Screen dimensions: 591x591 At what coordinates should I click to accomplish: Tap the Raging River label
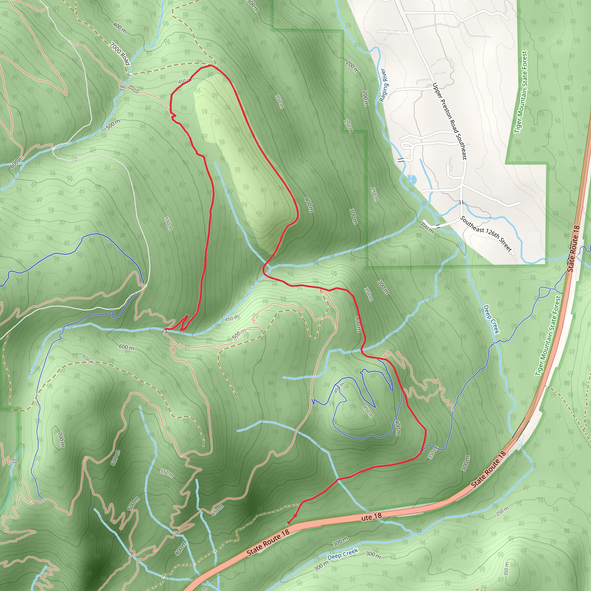[x=383, y=85]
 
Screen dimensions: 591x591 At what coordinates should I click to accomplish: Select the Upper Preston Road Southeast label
[x=449, y=121]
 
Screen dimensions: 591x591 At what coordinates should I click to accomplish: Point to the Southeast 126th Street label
[x=486, y=234]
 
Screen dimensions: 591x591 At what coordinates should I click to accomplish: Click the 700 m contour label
[x=61, y=439]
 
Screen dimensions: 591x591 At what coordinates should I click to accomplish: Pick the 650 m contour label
[x=88, y=358]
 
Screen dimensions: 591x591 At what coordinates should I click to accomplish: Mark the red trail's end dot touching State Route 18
[x=288, y=523]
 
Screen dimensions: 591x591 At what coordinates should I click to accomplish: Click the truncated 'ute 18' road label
[x=371, y=517]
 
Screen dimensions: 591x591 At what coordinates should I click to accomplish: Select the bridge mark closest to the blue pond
[x=401, y=160]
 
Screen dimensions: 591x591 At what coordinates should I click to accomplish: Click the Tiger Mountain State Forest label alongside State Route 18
[x=548, y=336]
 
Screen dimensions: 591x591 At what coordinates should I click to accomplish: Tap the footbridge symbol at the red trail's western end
[x=165, y=331]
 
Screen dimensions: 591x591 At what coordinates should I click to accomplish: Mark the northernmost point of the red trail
[x=210, y=65]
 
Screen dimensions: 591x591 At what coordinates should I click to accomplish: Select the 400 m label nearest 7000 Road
[x=119, y=28]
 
